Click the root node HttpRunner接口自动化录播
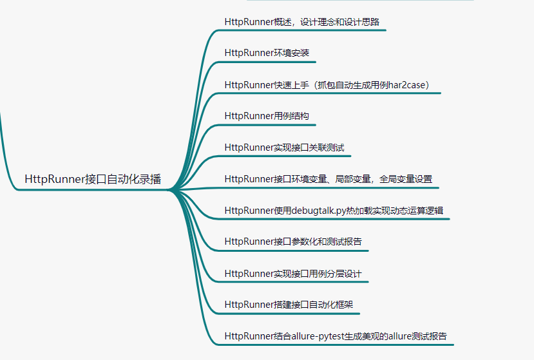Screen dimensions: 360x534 point(93,179)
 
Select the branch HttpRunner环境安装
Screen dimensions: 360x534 point(267,53)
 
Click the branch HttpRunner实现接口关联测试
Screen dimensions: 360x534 point(284,147)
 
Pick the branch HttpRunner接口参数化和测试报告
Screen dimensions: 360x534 point(293,242)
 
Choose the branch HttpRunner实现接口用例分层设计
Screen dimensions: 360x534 point(293,273)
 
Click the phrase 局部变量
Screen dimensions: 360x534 point(348,179)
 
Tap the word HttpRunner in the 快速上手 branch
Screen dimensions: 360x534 point(249,84)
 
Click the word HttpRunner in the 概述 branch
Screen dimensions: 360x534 point(249,21)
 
